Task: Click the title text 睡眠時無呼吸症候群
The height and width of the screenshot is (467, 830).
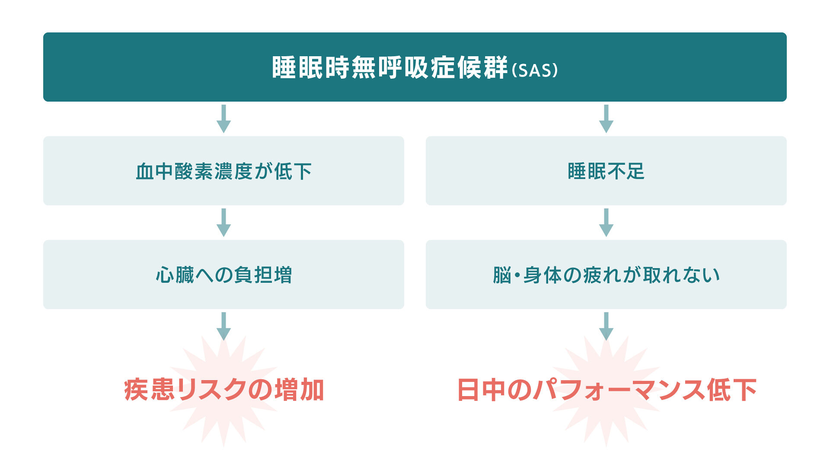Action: click(x=389, y=68)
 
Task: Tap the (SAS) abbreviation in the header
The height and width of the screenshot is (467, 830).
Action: click(x=535, y=70)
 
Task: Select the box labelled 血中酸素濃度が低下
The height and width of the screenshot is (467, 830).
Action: click(x=223, y=171)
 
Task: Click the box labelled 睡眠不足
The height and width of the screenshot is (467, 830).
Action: click(x=606, y=171)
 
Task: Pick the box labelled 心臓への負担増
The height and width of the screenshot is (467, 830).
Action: click(x=223, y=275)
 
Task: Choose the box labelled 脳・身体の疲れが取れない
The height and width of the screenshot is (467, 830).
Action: click(x=606, y=275)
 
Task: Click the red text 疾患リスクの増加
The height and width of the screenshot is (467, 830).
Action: click(x=224, y=390)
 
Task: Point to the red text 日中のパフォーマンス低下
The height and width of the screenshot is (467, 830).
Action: click(x=607, y=390)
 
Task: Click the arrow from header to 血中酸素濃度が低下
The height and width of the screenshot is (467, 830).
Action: click(x=223, y=119)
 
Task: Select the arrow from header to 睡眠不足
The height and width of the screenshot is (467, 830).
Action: click(x=606, y=119)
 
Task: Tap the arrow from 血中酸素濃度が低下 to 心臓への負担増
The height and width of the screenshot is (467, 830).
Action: click(x=223, y=223)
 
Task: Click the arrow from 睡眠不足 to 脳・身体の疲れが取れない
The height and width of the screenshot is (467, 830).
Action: click(x=606, y=223)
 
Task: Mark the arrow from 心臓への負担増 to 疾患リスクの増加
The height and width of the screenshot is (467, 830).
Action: click(x=223, y=326)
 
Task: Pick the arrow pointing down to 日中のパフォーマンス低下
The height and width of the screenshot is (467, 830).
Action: click(x=606, y=326)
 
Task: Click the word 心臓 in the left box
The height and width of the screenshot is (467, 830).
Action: click(x=175, y=275)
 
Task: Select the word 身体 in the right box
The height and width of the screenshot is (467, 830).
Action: click(x=543, y=275)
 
